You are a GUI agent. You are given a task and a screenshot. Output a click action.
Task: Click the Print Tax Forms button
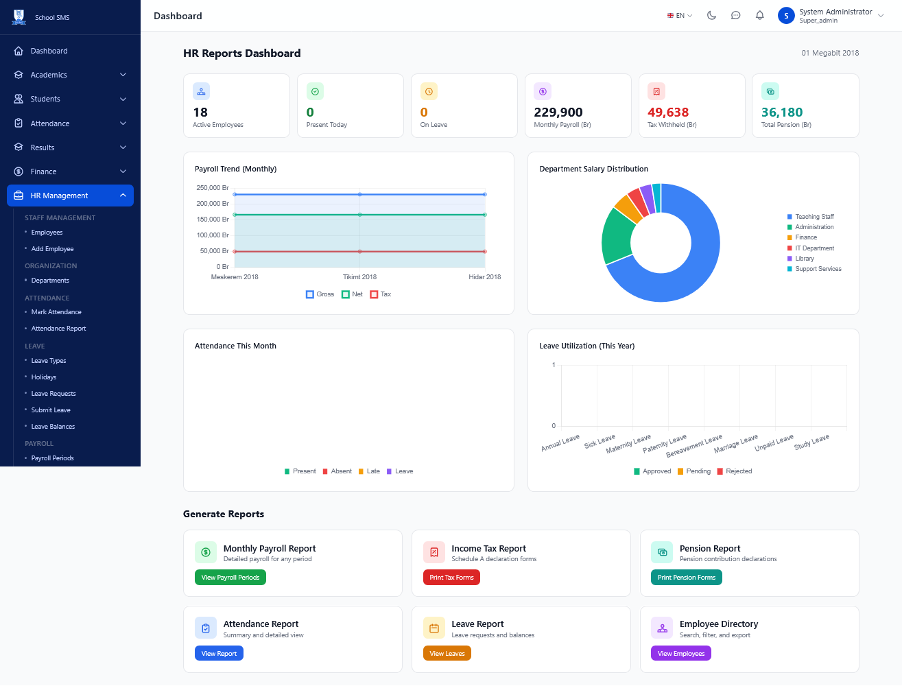tap(451, 577)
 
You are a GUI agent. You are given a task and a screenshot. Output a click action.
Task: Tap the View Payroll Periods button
tap(230, 577)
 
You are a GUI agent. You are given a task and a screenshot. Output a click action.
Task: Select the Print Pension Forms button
tap(686, 577)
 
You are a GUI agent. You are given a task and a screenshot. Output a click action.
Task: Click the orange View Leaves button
tap(447, 653)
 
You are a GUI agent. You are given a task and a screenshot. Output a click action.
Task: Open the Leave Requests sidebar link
tap(54, 394)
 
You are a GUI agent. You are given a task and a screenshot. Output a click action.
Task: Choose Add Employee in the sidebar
tap(52, 248)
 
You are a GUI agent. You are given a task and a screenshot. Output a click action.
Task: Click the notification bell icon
tap(760, 16)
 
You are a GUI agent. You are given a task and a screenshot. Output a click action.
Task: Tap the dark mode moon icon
tap(711, 16)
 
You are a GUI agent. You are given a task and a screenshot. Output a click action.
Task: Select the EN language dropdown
tap(680, 16)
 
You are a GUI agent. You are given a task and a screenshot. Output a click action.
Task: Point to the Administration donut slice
tap(617, 236)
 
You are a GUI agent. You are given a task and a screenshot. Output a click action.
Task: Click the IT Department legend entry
tap(810, 248)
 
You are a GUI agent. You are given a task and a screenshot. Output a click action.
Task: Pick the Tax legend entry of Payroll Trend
tap(381, 294)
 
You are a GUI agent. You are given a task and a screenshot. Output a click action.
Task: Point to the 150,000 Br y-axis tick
tap(213, 220)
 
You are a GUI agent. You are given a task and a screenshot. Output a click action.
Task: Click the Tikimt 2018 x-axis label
tap(359, 277)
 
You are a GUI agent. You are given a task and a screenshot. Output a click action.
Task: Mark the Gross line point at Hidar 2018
tap(485, 194)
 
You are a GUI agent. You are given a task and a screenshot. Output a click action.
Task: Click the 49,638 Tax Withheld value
tap(668, 112)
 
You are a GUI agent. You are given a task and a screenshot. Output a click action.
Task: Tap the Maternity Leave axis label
tap(629, 444)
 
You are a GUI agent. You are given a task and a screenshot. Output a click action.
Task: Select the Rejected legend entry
tap(735, 471)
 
